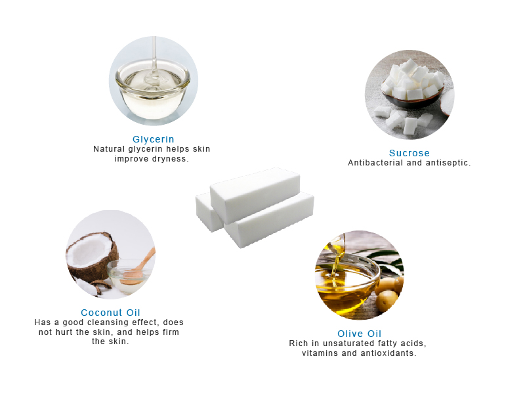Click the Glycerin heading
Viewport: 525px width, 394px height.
coord(153,139)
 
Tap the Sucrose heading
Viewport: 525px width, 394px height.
coord(409,154)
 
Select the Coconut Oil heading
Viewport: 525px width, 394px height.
coord(110,313)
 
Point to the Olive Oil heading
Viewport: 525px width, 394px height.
coord(359,334)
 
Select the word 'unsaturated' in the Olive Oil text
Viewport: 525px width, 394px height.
coord(351,343)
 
